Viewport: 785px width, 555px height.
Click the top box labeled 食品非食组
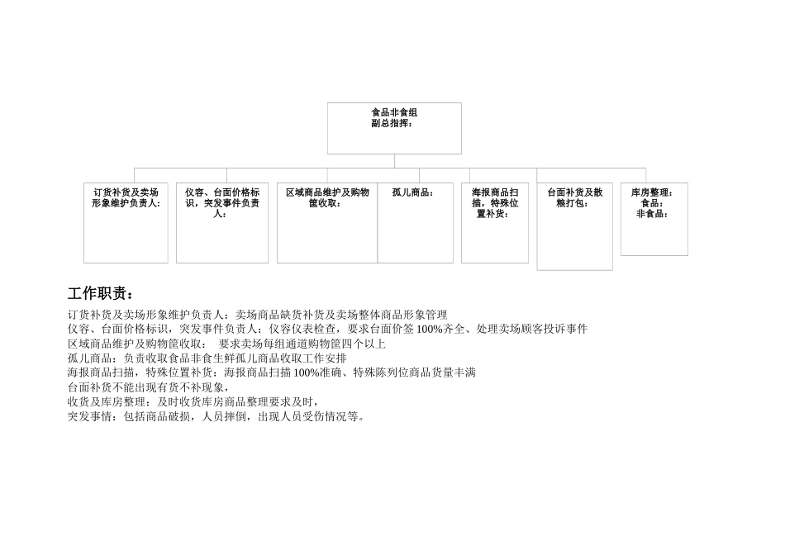394,128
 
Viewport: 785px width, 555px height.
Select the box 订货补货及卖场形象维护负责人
126,223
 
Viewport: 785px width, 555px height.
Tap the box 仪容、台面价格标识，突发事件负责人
221,223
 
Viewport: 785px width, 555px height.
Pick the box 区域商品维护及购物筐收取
327,223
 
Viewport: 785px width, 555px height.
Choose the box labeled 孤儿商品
415,223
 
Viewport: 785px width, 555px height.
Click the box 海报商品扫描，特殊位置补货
494,223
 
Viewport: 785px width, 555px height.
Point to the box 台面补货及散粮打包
574,226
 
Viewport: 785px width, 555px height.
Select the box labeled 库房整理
654,219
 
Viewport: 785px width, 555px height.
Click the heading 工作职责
100,294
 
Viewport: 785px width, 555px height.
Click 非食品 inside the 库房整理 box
651,213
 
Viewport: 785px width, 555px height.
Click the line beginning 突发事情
216,416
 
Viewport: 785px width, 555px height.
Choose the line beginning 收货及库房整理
193,401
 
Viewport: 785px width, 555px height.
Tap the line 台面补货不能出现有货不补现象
149,387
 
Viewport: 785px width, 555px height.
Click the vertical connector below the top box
394,161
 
